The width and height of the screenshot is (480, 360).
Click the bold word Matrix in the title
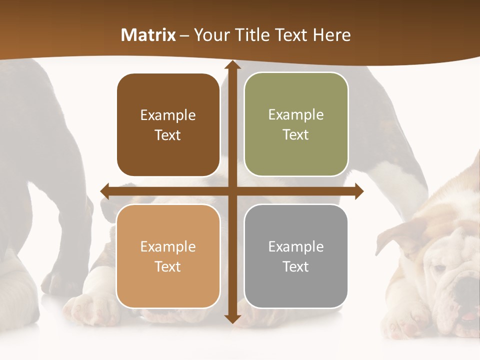click(x=148, y=35)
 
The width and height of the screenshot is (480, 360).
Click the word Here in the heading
click(x=332, y=35)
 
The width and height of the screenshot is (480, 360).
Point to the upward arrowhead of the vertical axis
click(x=232, y=65)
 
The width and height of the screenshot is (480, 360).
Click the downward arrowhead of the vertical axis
click(x=232, y=318)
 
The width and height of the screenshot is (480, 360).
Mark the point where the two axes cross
click(x=232, y=191)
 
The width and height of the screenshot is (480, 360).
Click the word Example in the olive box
click(x=296, y=114)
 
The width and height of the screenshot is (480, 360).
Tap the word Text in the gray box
click(x=296, y=266)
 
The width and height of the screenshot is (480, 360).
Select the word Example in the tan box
click(x=168, y=246)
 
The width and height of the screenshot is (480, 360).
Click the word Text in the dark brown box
click(x=168, y=135)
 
